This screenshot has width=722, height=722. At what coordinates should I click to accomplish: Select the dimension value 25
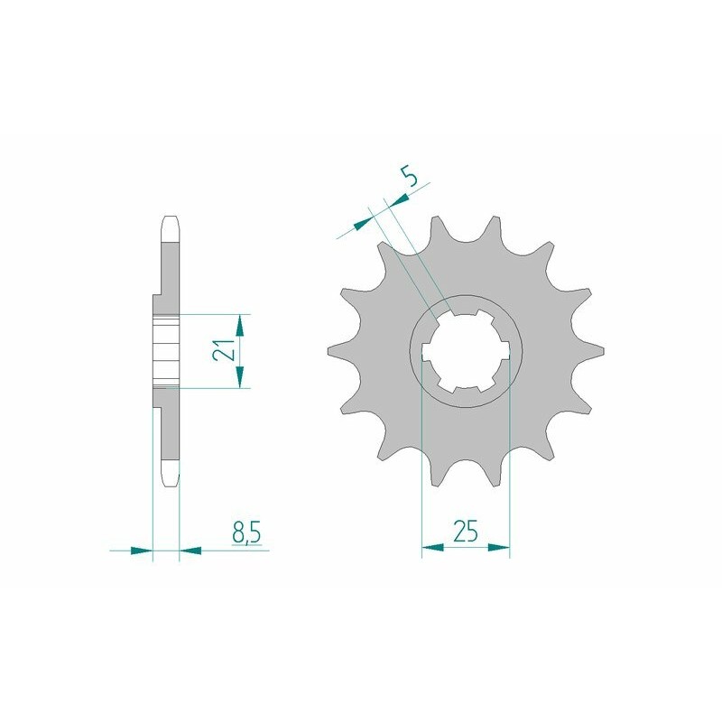466,532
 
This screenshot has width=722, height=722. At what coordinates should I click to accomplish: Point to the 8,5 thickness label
246,532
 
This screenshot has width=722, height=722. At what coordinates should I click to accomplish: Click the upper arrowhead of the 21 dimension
240,321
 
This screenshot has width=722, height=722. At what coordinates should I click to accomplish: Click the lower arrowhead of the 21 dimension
240,379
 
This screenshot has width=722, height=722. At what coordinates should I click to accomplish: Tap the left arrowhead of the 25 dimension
431,547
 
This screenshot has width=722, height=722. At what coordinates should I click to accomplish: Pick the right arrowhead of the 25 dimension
501,547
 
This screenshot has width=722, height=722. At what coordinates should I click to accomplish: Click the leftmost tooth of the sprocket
330,351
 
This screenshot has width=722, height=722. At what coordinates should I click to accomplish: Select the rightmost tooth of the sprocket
598,351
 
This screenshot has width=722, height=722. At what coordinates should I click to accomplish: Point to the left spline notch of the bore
427,352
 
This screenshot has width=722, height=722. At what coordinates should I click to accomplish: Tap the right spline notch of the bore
505,352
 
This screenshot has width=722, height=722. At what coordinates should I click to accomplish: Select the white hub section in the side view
165,350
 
